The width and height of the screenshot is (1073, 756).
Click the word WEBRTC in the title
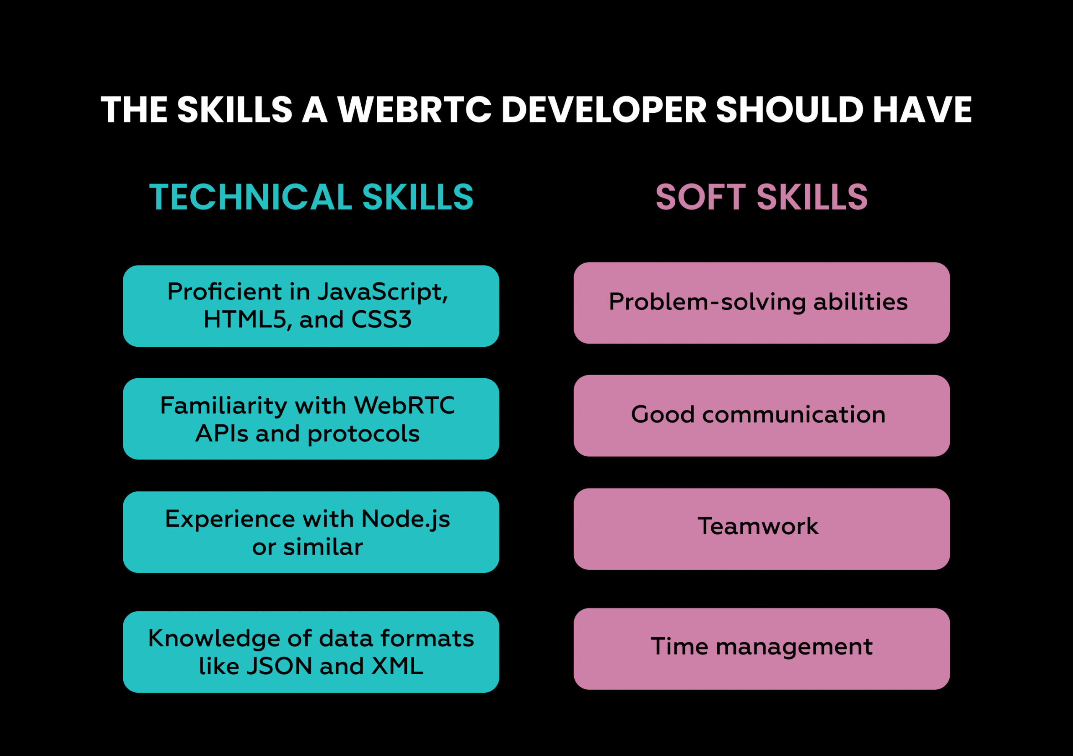(x=415, y=110)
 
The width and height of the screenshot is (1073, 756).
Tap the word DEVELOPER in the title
(x=603, y=110)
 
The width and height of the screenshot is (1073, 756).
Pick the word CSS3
(x=381, y=320)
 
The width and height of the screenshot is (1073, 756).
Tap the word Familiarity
(x=223, y=405)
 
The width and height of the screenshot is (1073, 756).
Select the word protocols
(x=363, y=434)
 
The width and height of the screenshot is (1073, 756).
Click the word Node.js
(x=406, y=520)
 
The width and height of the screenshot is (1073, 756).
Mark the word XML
(x=397, y=666)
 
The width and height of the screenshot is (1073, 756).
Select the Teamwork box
(x=761, y=529)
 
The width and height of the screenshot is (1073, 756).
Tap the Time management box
(x=761, y=649)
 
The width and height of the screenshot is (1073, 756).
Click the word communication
(x=793, y=415)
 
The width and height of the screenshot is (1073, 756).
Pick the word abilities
(x=860, y=302)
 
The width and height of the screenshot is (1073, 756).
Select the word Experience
(x=230, y=520)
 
